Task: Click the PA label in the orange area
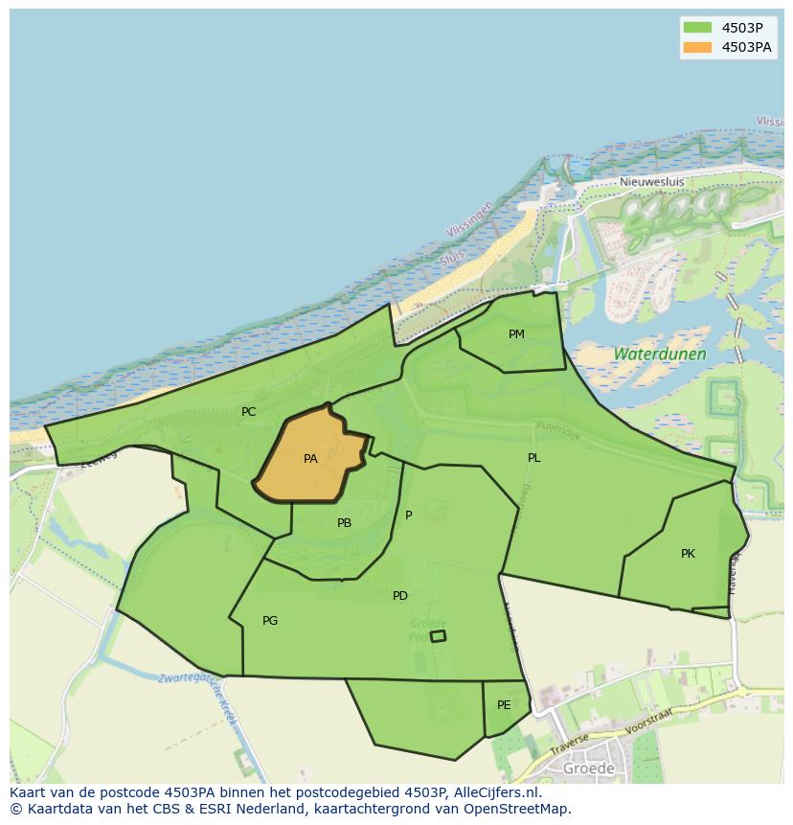point(310,459)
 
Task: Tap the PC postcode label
point(248,412)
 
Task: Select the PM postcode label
point(516,334)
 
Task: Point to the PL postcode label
point(533,458)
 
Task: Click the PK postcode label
point(688,554)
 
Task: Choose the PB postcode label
point(344,523)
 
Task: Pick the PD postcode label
point(400,596)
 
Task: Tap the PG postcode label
point(270,621)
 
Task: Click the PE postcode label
point(504,705)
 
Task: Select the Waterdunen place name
point(660,354)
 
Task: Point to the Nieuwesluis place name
point(650,181)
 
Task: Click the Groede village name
point(589,768)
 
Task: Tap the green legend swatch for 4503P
point(697,28)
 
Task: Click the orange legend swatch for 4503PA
point(697,47)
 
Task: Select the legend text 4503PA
point(747,47)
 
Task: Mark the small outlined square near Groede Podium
point(438,636)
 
